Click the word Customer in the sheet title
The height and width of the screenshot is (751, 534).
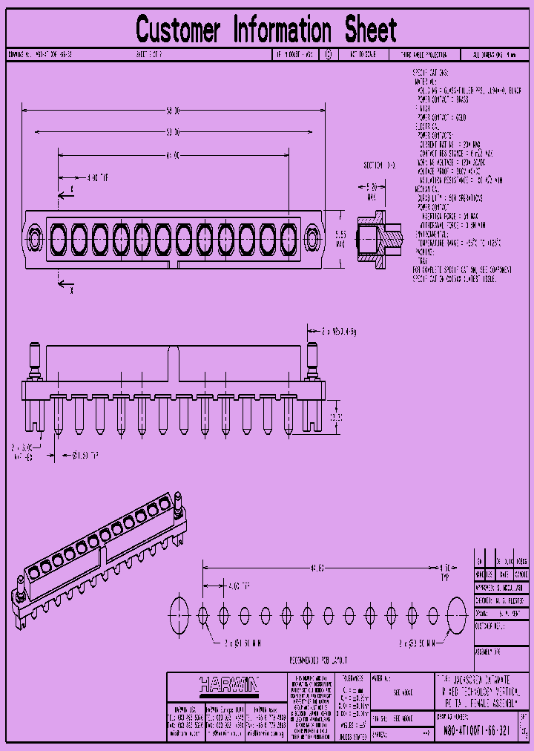click(x=178, y=30)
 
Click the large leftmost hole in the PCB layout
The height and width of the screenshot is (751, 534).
click(x=180, y=614)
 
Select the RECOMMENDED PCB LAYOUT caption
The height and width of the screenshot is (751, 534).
click(x=317, y=660)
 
